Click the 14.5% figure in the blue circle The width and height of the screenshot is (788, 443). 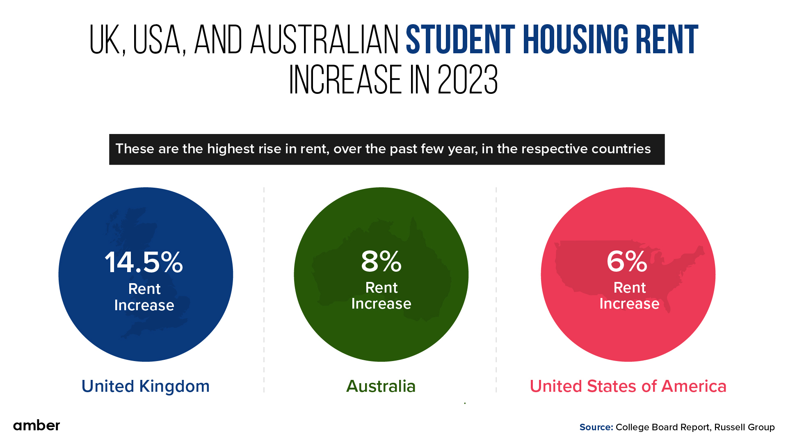(144, 262)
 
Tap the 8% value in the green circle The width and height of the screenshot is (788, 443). (381, 261)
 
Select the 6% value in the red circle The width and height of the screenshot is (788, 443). (627, 261)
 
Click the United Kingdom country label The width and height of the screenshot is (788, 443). (146, 386)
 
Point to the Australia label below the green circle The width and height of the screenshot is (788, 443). (381, 386)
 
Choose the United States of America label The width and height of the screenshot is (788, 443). (628, 386)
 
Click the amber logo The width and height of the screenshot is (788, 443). (37, 425)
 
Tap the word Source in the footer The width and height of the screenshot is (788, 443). (596, 427)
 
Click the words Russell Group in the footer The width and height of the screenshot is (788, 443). (744, 427)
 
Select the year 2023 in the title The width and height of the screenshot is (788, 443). (468, 80)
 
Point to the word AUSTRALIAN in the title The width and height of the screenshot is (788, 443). (324, 40)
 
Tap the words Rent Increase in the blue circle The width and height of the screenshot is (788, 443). (144, 297)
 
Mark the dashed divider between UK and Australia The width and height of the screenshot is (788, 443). (264, 287)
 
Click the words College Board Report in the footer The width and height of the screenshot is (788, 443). (662, 427)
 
